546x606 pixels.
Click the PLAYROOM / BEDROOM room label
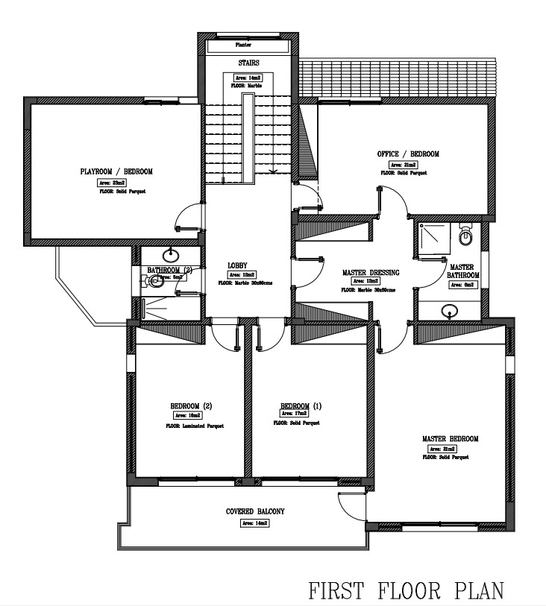[116, 171]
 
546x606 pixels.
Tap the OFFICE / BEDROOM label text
[408, 154]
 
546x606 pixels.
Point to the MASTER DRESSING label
[371, 272]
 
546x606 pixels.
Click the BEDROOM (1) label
[301, 406]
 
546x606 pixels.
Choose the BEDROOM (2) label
[192, 406]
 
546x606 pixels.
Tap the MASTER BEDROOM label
[450, 439]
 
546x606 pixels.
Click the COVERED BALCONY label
[255, 512]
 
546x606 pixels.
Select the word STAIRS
[248, 64]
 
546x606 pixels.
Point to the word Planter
[243, 45]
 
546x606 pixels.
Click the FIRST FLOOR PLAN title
[406, 591]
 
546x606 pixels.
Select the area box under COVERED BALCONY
[254, 523]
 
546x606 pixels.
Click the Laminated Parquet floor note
[194, 426]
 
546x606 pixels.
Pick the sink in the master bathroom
[450, 311]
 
